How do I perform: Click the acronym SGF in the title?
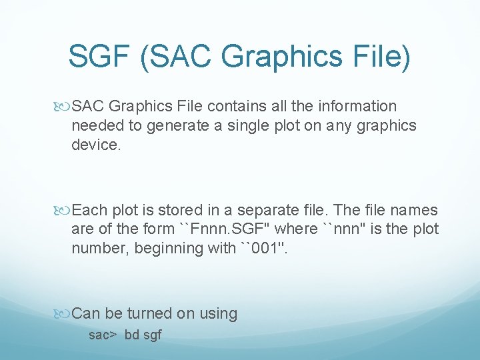click(x=99, y=57)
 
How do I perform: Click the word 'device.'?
click(x=96, y=145)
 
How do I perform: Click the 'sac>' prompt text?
click(x=103, y=335)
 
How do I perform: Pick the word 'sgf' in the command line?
click(x=153, y=335)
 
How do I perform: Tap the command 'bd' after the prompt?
click(x=131, y=335)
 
